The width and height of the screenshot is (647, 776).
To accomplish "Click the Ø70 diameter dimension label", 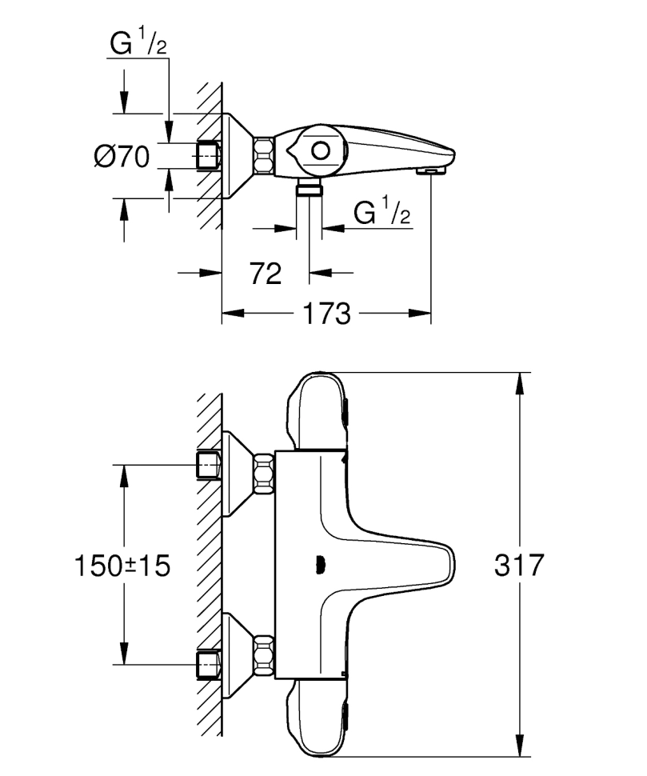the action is point(122,157).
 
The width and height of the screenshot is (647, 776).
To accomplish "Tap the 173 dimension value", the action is point(326,314).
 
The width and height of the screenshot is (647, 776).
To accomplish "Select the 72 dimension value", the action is point(266,273).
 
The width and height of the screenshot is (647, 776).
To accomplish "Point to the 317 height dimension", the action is point(519,565).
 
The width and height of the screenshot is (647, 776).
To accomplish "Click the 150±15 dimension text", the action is point(122,565).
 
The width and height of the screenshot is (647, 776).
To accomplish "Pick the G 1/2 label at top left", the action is point(138,42).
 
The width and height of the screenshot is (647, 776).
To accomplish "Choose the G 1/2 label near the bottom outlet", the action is point(381,211).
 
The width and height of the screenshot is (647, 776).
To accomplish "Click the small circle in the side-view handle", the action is point(321,150).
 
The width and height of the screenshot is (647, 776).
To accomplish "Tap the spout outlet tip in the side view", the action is point(431,171).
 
